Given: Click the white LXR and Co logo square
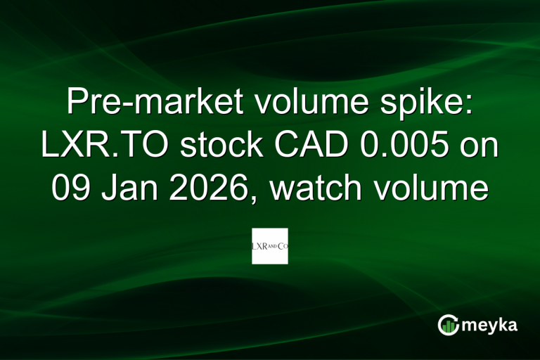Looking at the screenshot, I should (x=270, y=246).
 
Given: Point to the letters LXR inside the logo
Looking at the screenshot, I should (x=260, y=247).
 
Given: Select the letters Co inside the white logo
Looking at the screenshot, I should (x=283, y=247).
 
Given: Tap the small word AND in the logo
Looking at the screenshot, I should (x=274, y=247).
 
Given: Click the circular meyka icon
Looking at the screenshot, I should (x=448, y=324).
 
